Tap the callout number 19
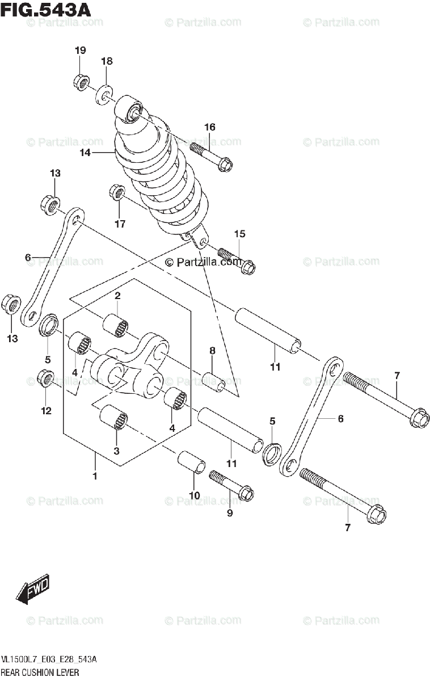[80, 51]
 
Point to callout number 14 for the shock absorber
[85, 153]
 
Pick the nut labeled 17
[117, 193]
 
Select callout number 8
[212, 351]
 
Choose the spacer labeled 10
[191, 461]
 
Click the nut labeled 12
[45, 378]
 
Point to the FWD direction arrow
[33, 590]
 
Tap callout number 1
[95, 476]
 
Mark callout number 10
[194, 495]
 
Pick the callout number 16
[210, 127]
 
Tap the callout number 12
[45, 410]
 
